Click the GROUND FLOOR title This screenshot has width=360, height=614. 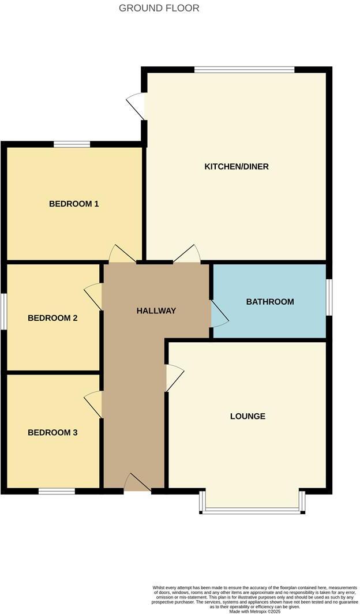[x=159, y=8]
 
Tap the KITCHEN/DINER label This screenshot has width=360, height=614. [x=237, y=167]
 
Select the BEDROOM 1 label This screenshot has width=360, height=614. [x=74, y=204]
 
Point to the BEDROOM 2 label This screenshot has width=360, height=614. [x=52, y=318]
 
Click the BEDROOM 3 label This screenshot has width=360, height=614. [x=52, y=432]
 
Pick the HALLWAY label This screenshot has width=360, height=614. [x=156, y=310]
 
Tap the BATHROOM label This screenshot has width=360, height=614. [x=270, y=301]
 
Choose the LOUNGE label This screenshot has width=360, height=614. [x=247, y=416]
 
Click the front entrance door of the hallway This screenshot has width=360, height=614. [x=137, y=484]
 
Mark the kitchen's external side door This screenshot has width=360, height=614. [x=137, y=106]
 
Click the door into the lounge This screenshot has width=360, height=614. [x=174, y=378]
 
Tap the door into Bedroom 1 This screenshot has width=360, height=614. [x=122, y=255]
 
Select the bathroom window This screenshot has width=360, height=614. [x=329, y=298]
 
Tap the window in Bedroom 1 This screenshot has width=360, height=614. [x=72, y=144]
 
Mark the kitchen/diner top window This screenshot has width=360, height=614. [x=245, y=70]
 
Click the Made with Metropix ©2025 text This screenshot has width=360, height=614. [x=254, y=611]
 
